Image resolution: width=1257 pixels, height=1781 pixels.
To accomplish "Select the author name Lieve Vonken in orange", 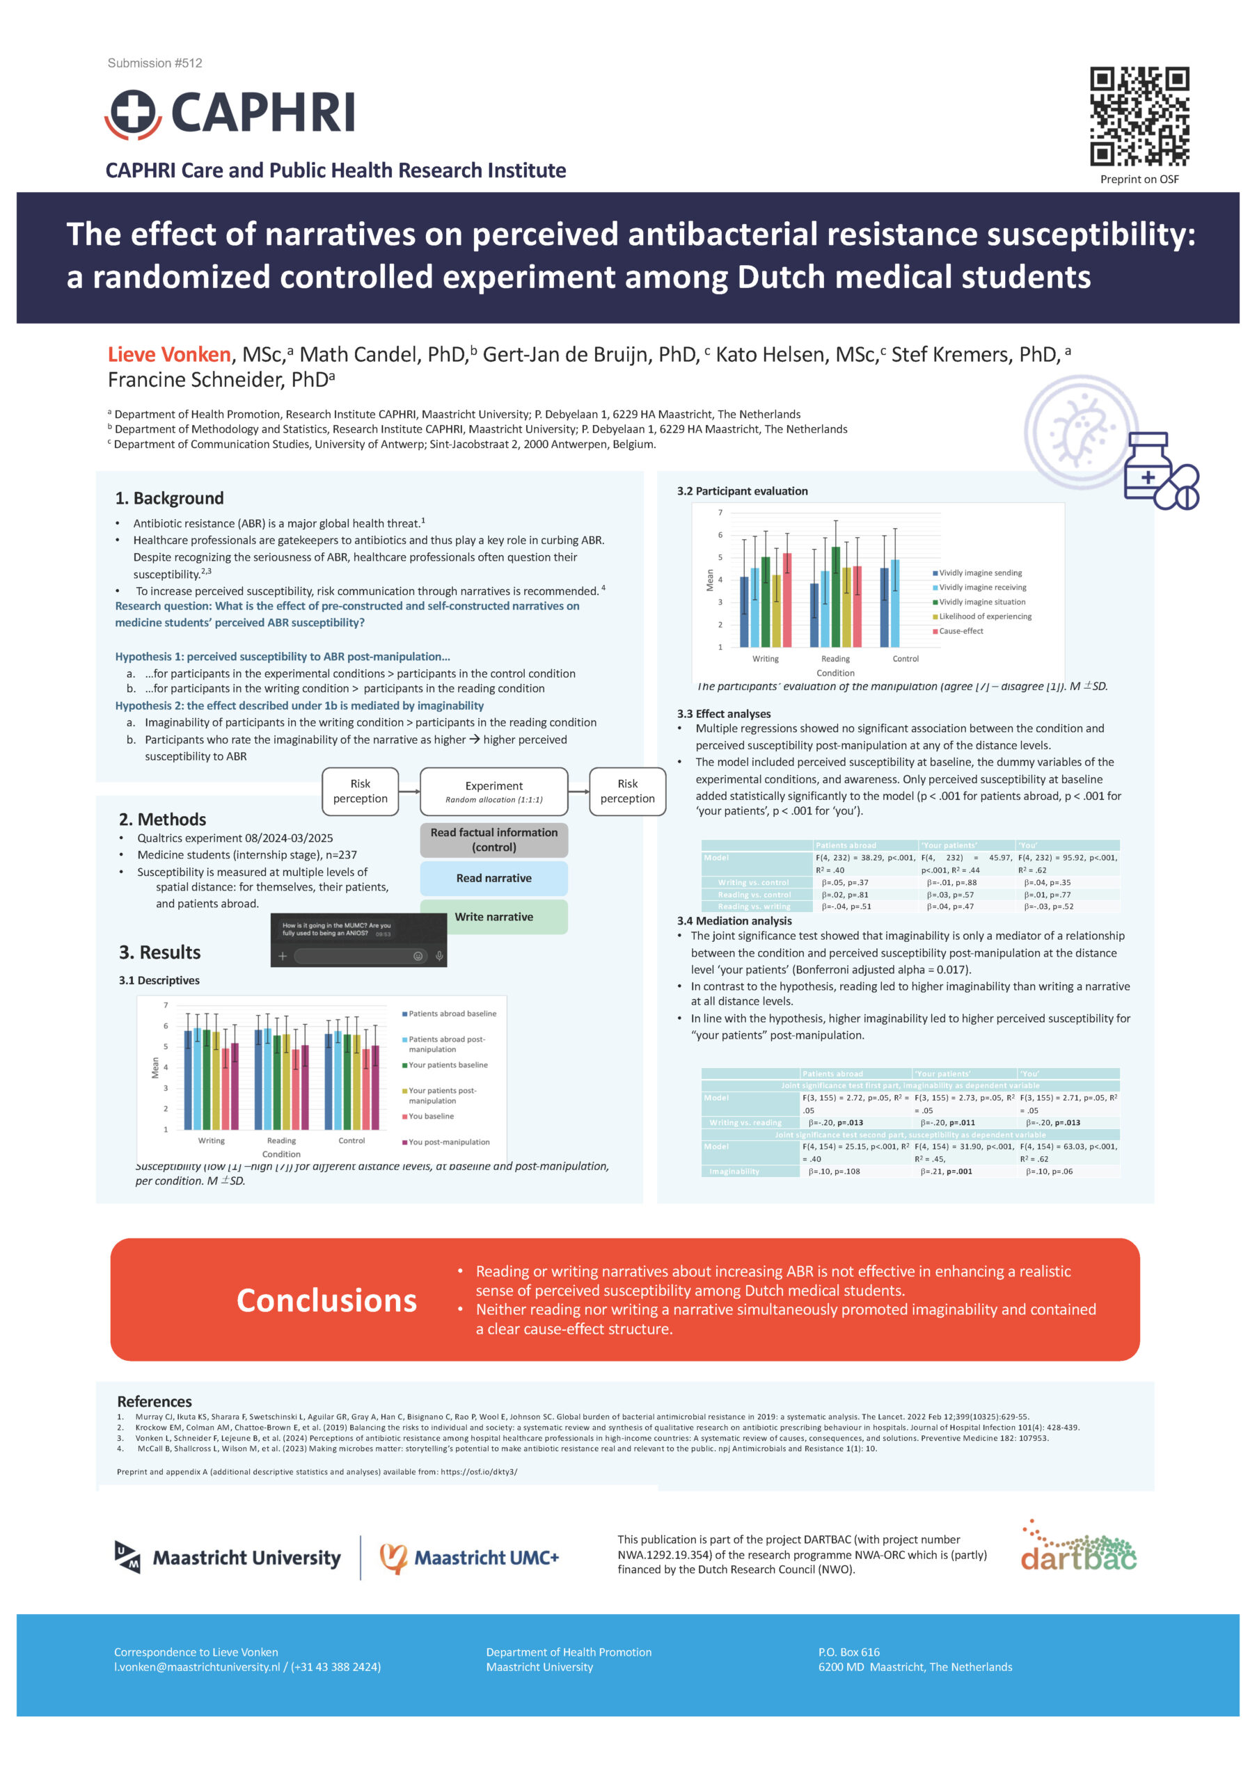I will (169, 355).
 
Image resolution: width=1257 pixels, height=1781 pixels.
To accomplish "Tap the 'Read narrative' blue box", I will (493, 878).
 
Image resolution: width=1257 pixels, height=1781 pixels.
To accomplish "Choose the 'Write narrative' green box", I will (493, 917).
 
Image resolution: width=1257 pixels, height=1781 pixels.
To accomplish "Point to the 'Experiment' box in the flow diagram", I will (493, 791).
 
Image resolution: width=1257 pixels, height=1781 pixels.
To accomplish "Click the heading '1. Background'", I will (169, 498).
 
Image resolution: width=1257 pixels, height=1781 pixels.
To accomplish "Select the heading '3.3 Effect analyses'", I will (723, 714).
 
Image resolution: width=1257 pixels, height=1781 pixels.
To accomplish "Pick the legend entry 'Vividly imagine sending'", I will (980, 573).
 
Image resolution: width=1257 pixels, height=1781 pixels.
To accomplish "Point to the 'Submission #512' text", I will (155, 63).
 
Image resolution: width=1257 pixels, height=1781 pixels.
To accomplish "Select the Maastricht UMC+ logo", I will (468, 1558).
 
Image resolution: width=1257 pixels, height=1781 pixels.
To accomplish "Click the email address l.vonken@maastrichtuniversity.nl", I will (197, 1667).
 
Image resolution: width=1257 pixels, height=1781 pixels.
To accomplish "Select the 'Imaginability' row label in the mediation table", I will (734, 1172).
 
